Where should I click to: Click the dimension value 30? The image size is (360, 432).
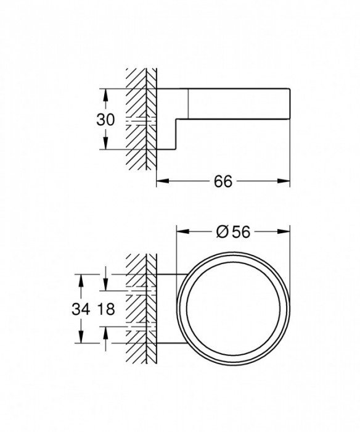(x=107, y=120)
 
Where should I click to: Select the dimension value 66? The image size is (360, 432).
(x=223, y=181)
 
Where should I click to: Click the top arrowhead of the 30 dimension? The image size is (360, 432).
(x=107, y=93)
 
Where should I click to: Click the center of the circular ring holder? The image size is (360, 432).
(x=234, y=308)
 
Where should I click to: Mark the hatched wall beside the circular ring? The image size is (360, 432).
(x=141, y=309)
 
